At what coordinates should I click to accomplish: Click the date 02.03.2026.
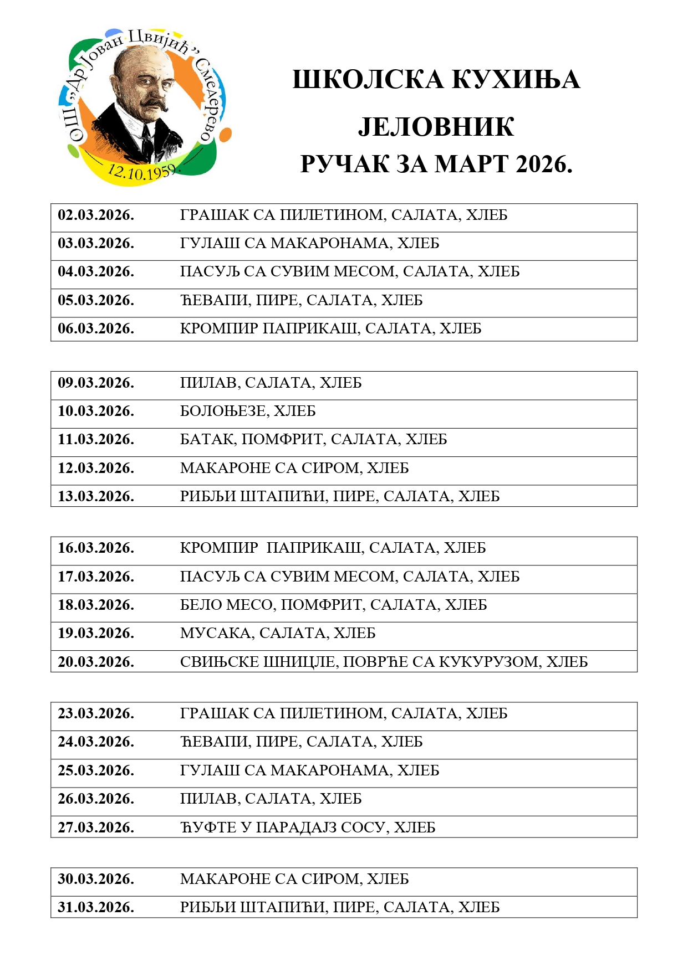[96, 215]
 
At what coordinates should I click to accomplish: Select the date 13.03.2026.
[96, 496]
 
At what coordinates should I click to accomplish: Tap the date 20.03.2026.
[96, 662]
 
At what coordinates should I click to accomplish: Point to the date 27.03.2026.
[96, 827]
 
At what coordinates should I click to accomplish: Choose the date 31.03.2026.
[96, 907]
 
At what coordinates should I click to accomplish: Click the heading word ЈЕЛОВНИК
[436, 127]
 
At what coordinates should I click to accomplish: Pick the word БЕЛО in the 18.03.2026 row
[200, 605]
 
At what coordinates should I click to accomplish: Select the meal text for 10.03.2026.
[248, 412]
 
